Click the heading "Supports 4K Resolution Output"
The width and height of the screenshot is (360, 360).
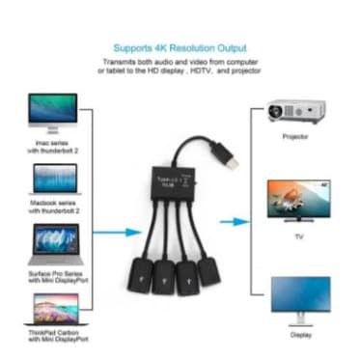[179, 47]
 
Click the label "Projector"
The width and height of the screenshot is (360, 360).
[295, 136]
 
